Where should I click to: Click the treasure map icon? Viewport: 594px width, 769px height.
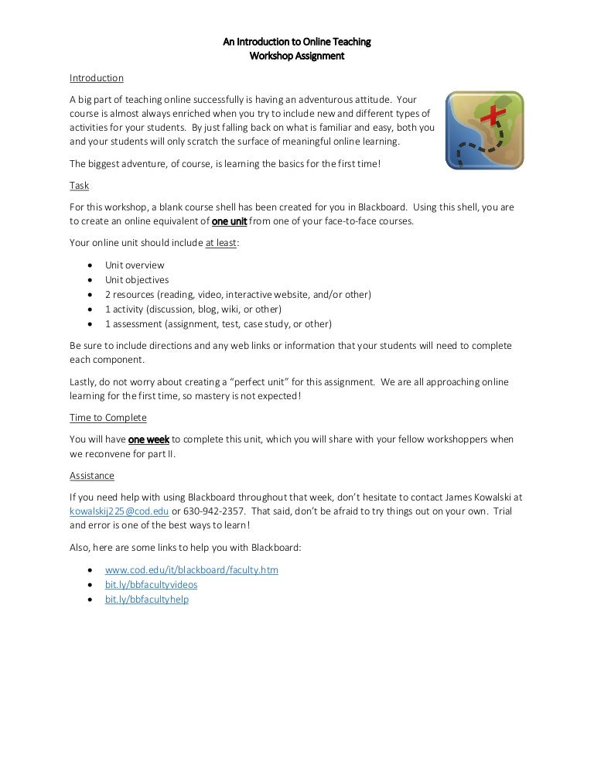click(x=484, y=130)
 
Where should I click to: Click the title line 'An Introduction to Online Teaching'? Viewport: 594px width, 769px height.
click(x=297, y=42)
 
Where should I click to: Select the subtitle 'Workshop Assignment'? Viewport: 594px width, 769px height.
click(x=297, y=56)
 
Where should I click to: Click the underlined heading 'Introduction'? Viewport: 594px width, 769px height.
click(x=97, y=78)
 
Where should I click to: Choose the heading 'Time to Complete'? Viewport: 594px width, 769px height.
click(x=108, y=418)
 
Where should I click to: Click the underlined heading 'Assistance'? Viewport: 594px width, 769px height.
click(x=92, y=476)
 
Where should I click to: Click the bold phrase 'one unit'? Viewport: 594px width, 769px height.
click(x=229, y=220)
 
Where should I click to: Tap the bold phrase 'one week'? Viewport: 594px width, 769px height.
click(x=148, y=439)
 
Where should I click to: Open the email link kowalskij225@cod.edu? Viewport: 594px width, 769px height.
click(x=119, y=511)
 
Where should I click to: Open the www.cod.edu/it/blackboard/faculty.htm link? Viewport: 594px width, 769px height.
click(x=192, y=570)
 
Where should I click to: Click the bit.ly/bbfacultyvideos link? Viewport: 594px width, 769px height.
click(x=151, y=585)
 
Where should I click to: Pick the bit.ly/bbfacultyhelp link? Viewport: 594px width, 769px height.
click(x=147, y=600)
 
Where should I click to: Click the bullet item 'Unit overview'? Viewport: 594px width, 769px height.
click(x=135, y=265)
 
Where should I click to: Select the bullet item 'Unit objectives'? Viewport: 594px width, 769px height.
click(x=137, y=280)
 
